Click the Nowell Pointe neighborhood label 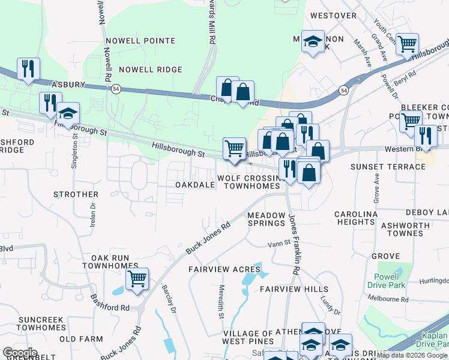coord(140,41)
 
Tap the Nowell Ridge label coord(150,70)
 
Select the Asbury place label coord(68,85)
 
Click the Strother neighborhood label coord(76,194)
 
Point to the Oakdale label coord(194,185)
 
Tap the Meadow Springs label coord(266,218)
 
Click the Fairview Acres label coord(224,269)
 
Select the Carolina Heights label coord(355,218)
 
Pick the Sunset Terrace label coord(379,166)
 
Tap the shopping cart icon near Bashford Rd coord(137,278)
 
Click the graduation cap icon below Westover coord(312,41)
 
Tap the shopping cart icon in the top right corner coord(407,43)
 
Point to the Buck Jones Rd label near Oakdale coord(209,237)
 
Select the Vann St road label coord(279,244)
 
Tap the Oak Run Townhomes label coord(106,261)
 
